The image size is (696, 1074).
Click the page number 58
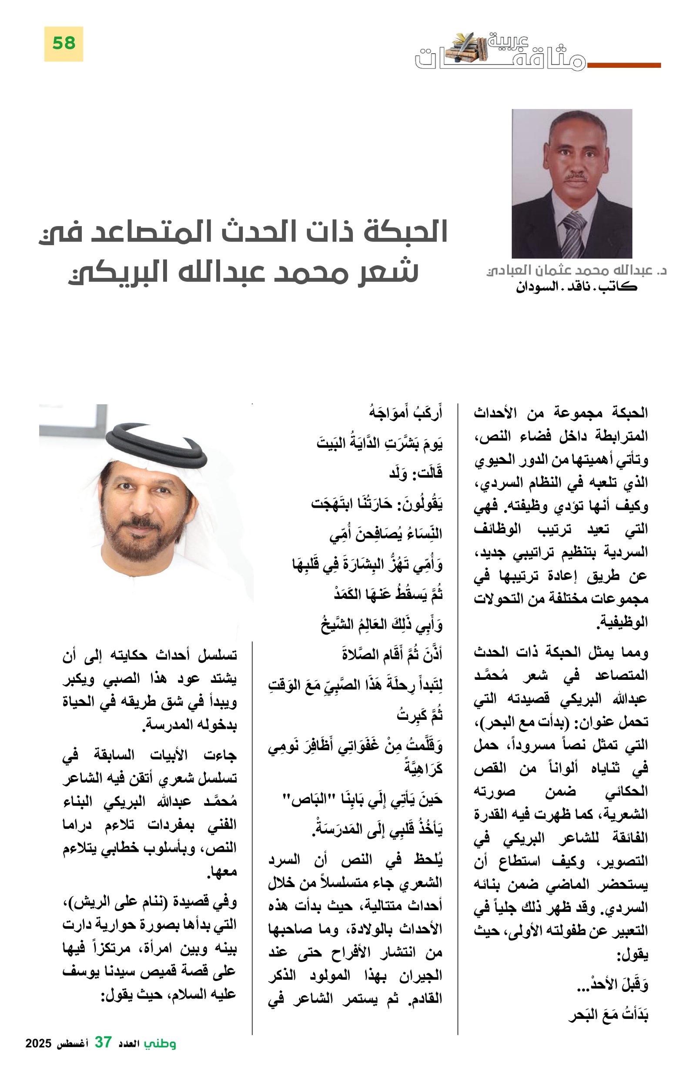[x=64, y=43]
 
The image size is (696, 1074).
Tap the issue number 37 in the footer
[x=103, y=1051]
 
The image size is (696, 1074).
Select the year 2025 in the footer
[x=38, y=1052]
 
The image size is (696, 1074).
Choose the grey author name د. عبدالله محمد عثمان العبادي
[x=576, y=270]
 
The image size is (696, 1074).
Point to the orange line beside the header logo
[x=624, y=66]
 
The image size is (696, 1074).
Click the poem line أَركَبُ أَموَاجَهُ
[x=405, y=412]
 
